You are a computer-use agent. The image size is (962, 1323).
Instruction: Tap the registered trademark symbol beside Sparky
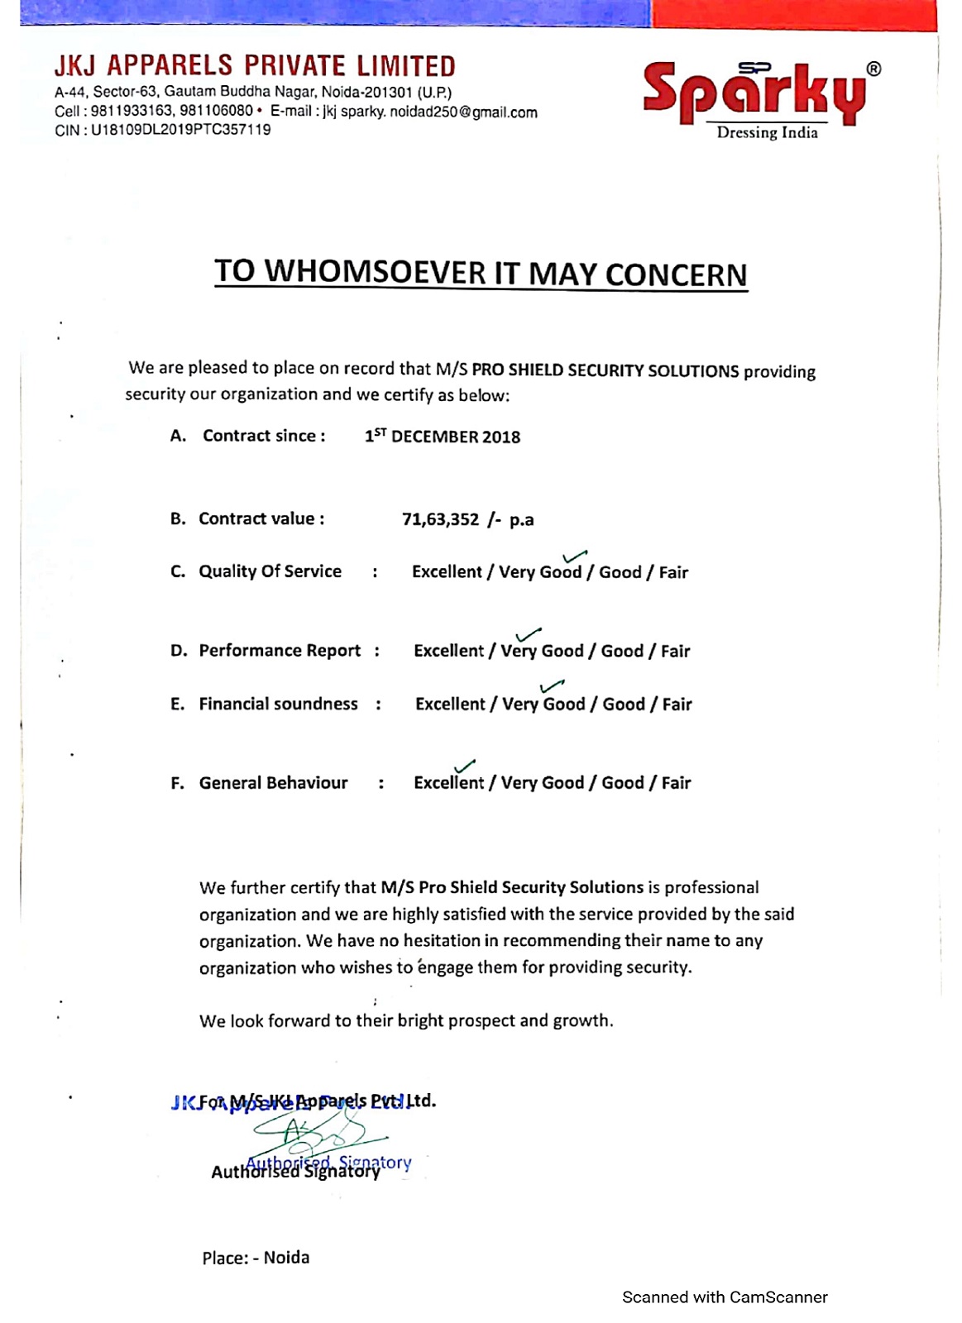873,69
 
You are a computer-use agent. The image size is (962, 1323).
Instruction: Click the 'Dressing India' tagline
767,133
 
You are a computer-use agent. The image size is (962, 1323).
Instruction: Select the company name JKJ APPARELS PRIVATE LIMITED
255,66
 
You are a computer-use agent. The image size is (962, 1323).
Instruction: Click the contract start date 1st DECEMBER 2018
443,437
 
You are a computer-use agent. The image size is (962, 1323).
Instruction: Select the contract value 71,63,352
440,519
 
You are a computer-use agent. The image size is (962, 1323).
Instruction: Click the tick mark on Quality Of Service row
574,556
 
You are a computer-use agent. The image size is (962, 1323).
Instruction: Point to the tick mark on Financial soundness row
552,686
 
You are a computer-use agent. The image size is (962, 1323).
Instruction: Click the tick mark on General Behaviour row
465,767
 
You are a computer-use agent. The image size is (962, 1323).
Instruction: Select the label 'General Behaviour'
273,783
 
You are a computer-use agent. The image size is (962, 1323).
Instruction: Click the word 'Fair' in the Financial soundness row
677,704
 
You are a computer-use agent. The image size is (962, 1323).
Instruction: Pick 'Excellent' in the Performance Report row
448,652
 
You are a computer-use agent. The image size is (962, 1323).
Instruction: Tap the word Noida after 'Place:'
286,1258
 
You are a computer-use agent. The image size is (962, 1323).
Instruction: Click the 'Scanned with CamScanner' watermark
725,1297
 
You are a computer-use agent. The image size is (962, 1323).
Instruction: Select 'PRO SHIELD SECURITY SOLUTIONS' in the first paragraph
605,370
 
